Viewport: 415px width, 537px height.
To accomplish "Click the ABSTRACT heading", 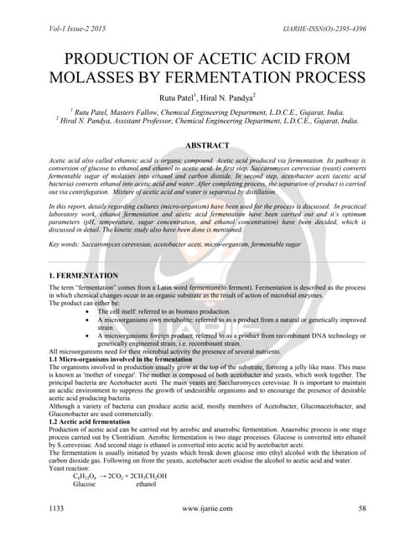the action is (x=207, y=144).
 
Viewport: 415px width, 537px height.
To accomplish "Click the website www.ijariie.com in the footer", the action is (x=207, y=508).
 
